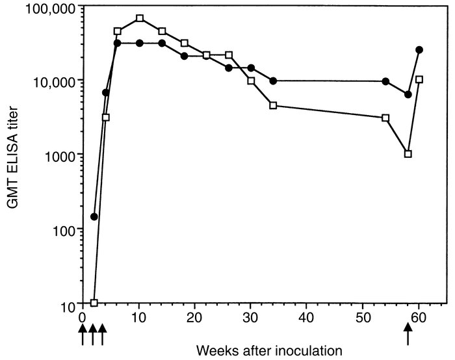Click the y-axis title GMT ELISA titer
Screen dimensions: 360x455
coord(14,154)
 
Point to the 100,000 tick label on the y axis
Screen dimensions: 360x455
coord(45,6)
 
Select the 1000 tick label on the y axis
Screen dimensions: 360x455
coord(61,155)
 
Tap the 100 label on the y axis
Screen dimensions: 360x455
coord(65,229)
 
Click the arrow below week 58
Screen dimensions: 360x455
coord(408,335)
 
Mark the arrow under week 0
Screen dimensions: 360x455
coord(83,335)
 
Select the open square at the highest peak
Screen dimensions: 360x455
coord(140,18)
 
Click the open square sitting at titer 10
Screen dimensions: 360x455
coord(94,303)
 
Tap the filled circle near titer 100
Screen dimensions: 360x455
coord(94,216)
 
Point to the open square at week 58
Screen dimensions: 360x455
coord(408,154)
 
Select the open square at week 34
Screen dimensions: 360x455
coord(273,105)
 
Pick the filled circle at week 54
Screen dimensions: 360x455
coord(385,81)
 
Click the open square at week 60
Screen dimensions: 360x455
coord(419,79)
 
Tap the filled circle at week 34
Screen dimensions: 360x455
coord(273,81)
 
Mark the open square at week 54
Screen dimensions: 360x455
coord(385,118)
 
